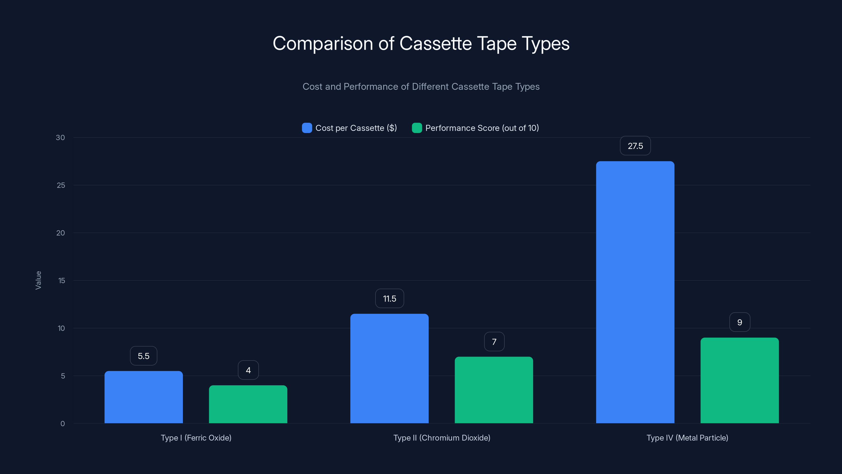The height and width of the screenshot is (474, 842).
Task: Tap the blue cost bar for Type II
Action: (x=389, y=368)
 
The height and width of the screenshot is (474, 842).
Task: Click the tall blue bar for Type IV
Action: (x=635, y=292)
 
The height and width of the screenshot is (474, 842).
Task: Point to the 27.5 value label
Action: (x=635, y=146)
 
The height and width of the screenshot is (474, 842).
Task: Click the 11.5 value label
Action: (x=389, y=299)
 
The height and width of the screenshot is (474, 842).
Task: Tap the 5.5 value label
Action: (x=143, y=356)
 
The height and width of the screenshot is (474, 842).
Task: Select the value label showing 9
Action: (x=740, y=323)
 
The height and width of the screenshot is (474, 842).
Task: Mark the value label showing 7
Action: (x=494, y=342)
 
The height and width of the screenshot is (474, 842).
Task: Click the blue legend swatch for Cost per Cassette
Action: (x=307, y=128)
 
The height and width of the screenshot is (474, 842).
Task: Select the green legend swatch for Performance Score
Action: (x=417, y=128)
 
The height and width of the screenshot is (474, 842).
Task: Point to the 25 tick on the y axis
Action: (x=61, y=185)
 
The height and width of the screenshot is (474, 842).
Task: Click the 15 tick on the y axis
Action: (x=62, y=281)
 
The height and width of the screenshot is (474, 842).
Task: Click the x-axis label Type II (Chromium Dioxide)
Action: (x=442, y=438)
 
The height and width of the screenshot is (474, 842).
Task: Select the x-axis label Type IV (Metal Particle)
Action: (x=687, y=438)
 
